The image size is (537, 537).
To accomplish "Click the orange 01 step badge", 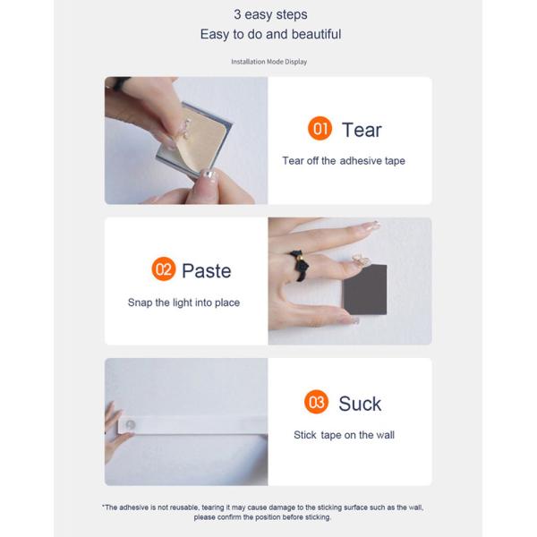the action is (320, 128).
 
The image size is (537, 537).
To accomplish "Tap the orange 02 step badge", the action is (164, 268).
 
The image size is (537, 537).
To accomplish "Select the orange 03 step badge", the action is (316, 402).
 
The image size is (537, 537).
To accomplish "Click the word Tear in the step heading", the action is (362, 130).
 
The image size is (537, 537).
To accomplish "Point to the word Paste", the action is (207, 271).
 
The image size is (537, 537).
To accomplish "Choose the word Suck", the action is (360, 404).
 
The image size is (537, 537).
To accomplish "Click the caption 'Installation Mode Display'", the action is (268, 62).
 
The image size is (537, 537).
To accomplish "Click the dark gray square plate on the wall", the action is (365, 289).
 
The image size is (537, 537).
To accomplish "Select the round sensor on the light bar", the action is (130, 424).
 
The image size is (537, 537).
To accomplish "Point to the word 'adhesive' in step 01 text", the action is (361, 160).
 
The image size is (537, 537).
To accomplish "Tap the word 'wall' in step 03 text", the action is (385, 435).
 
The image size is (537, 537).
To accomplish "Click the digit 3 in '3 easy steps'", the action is (237, 14).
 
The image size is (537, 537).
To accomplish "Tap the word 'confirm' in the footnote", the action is (229, 517).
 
